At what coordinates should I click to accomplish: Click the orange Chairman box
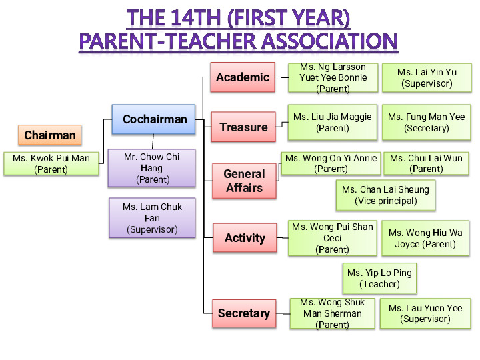coord(50,135)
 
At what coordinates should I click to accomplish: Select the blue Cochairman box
coord(154,119)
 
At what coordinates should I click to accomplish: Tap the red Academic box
coord(243,77)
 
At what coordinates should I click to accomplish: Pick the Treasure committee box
coord(243,127)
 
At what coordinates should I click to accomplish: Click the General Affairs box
coord(244,181)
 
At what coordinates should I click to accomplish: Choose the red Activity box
coord(245,238)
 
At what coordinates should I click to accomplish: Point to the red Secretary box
coord(244,313)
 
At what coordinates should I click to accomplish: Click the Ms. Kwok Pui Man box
coord(51,164)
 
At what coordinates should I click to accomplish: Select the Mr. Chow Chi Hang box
coord(151,168)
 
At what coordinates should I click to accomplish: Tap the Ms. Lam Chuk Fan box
coord(152,218)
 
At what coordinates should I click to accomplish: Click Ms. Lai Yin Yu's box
coord(427,78)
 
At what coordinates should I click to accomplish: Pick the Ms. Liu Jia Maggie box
coord(333,123)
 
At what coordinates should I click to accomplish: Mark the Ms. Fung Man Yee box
coord(427,123)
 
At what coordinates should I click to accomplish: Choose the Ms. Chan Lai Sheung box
coord(386,195)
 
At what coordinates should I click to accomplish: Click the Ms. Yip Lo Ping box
coord(379,279)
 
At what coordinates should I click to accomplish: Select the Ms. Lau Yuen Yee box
coord(425,313)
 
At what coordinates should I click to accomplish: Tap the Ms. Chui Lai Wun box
coord(426,163)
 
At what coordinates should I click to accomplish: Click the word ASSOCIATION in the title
coord(330,41)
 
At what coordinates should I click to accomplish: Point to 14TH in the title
coord(195,17)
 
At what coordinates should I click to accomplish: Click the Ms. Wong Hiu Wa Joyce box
coord(425,238)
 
